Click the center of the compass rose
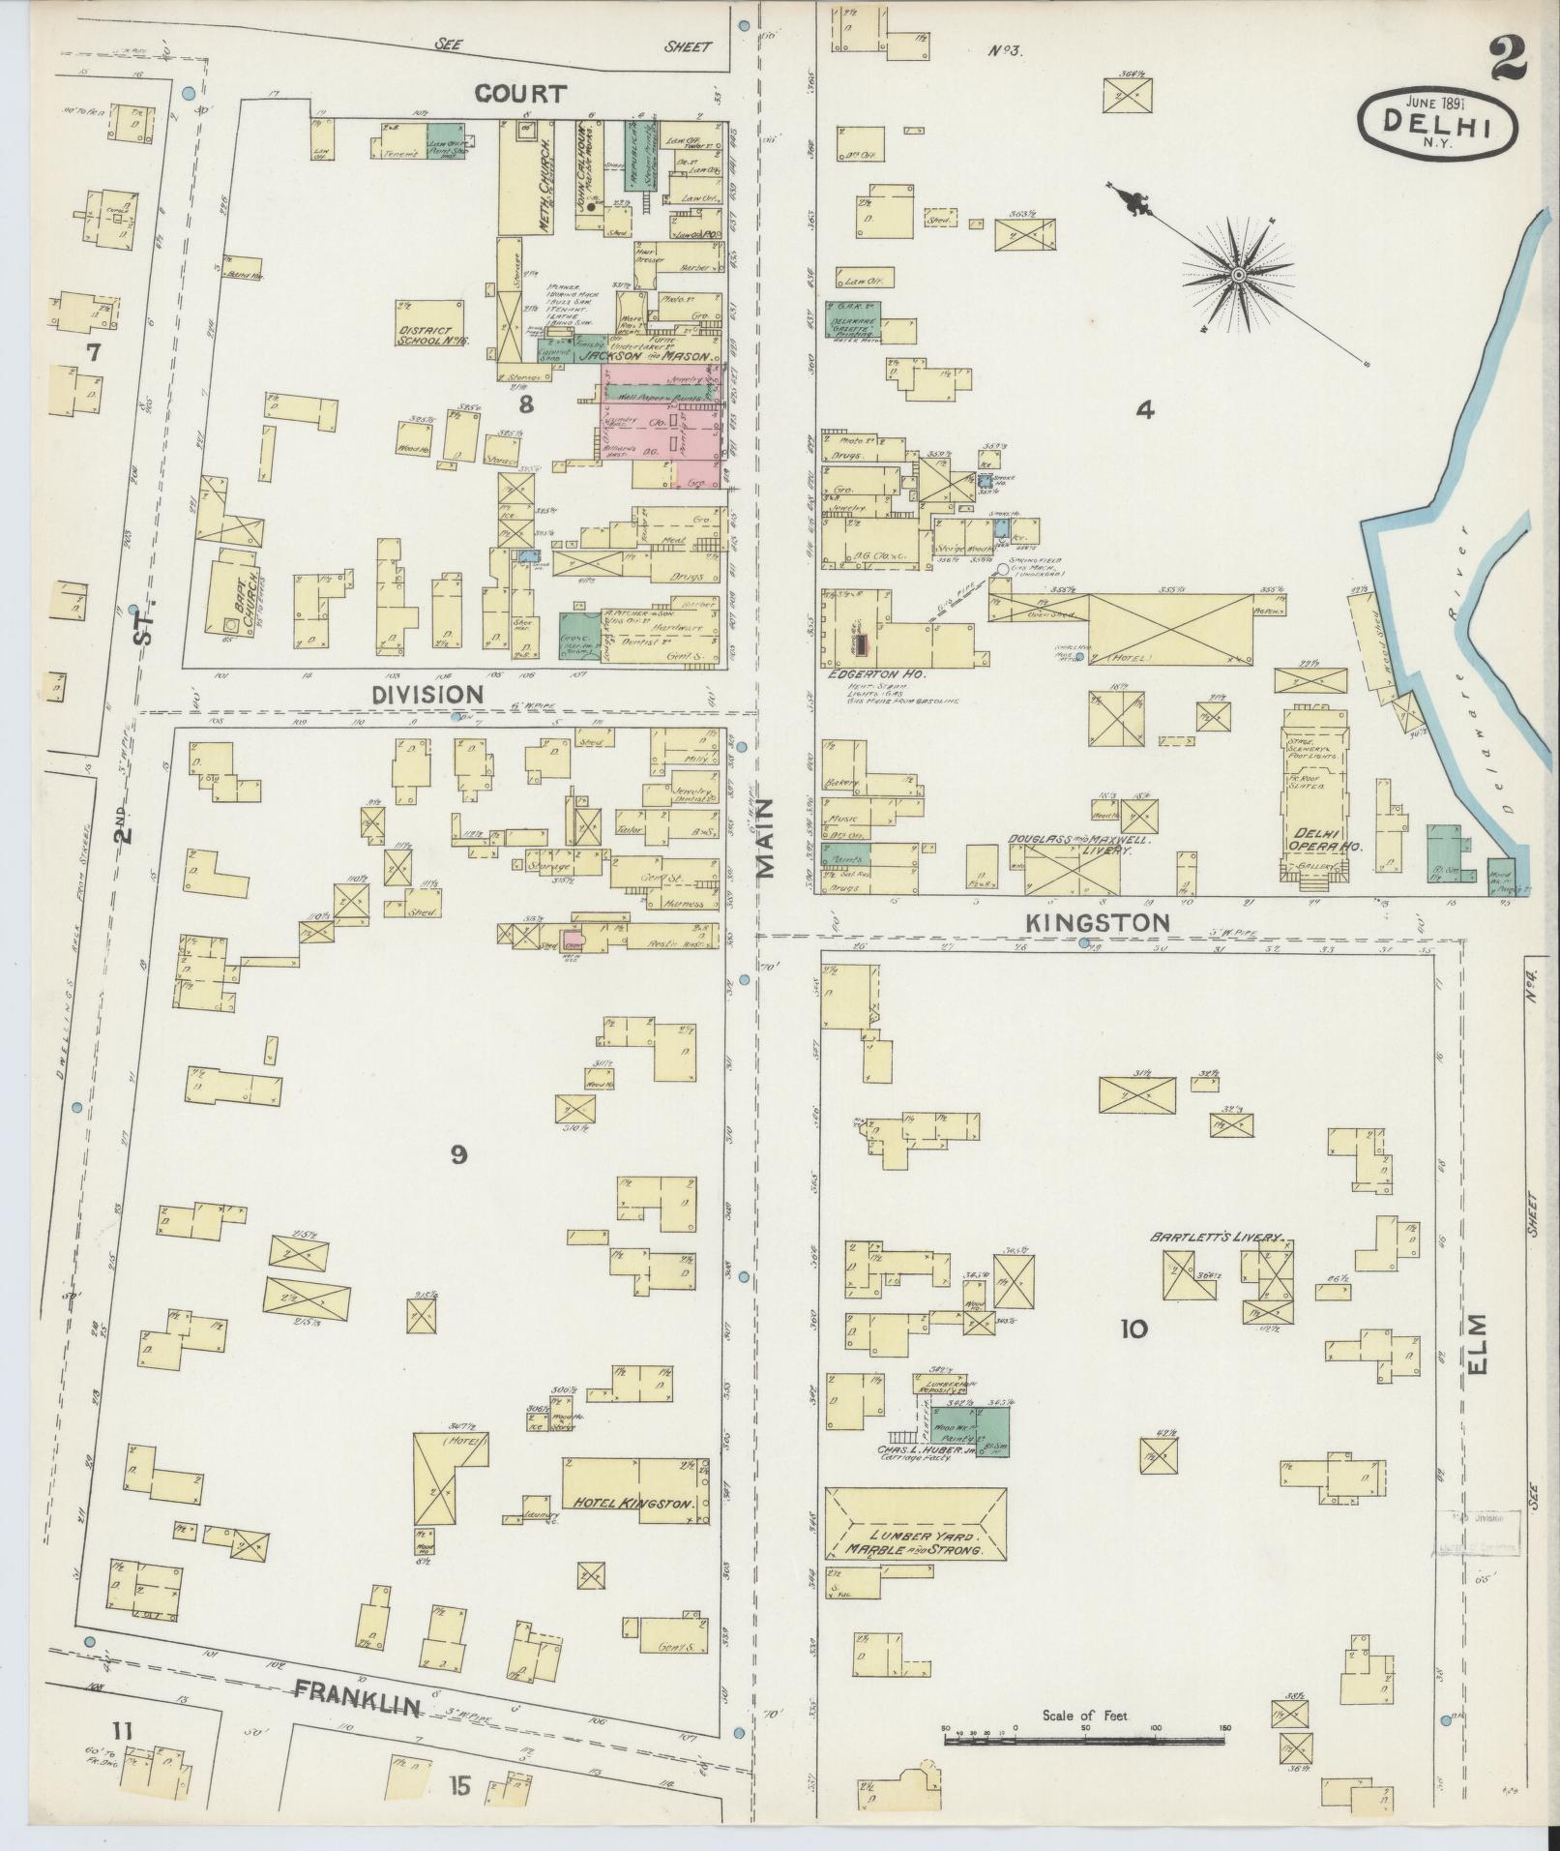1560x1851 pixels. coord(1238,277)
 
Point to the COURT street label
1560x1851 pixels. coord(520,94)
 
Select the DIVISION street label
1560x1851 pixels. coord(428,694)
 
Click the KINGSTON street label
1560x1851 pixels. coord(1098,922)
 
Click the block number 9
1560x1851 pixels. coord(458,1153)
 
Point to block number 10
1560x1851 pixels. coord(1133,1329)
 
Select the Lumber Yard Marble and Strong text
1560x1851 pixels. coord(913,1542)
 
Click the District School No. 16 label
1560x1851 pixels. coord(431,335)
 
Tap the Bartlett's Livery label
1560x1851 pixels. coord(1215,1238)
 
